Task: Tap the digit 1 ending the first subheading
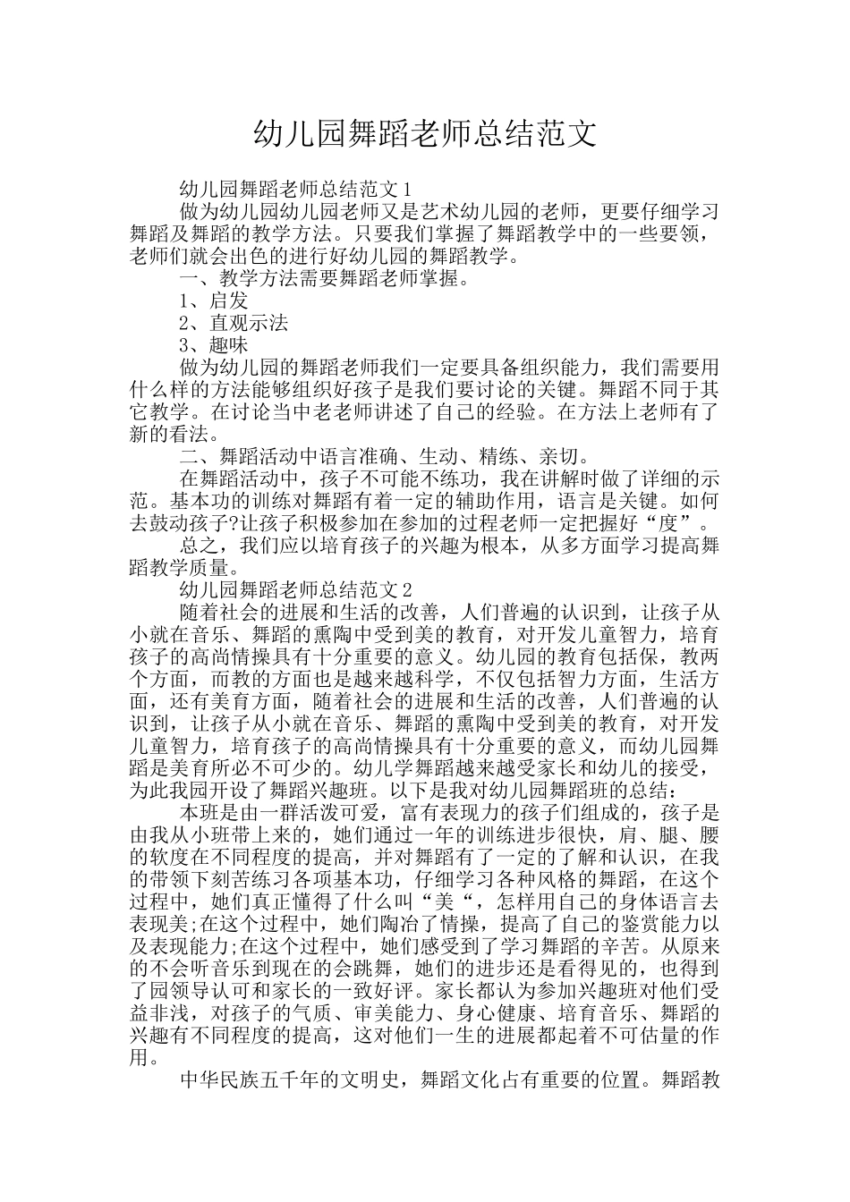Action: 407,190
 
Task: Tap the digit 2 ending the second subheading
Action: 407,589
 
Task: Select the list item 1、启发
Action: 214,300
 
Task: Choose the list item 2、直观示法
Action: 234,323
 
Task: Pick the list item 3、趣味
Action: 214,345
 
